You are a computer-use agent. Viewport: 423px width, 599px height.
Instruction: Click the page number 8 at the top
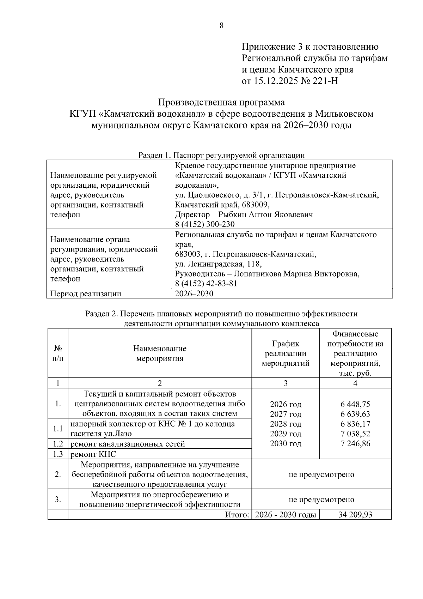[x=221, y=25]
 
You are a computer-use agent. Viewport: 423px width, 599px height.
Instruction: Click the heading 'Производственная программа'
[x=221, y=103]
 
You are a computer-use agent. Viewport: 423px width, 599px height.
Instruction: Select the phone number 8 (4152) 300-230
[x=205, y=224]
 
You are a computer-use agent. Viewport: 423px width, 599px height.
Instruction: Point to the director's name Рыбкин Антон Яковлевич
[x=265, y=214]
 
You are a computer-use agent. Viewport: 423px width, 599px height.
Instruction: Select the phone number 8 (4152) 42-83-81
[x=206, y=284]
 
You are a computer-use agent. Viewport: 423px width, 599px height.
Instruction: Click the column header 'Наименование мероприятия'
[x=160, y=353]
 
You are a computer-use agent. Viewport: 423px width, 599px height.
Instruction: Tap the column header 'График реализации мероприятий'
[x=286, y=353]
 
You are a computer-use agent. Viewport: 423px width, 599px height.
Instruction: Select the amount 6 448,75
[x=355, y=404]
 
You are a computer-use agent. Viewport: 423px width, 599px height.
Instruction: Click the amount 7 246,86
[x=355, y=444]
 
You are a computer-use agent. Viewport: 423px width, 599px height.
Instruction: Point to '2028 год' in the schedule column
[x=286, y=424]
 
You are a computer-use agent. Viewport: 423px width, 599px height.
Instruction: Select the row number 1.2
[x=58, y=444]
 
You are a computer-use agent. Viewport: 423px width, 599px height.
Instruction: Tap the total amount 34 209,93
[x=355, y=515]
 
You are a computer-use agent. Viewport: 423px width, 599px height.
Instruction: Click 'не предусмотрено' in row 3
[x=321, y=500]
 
